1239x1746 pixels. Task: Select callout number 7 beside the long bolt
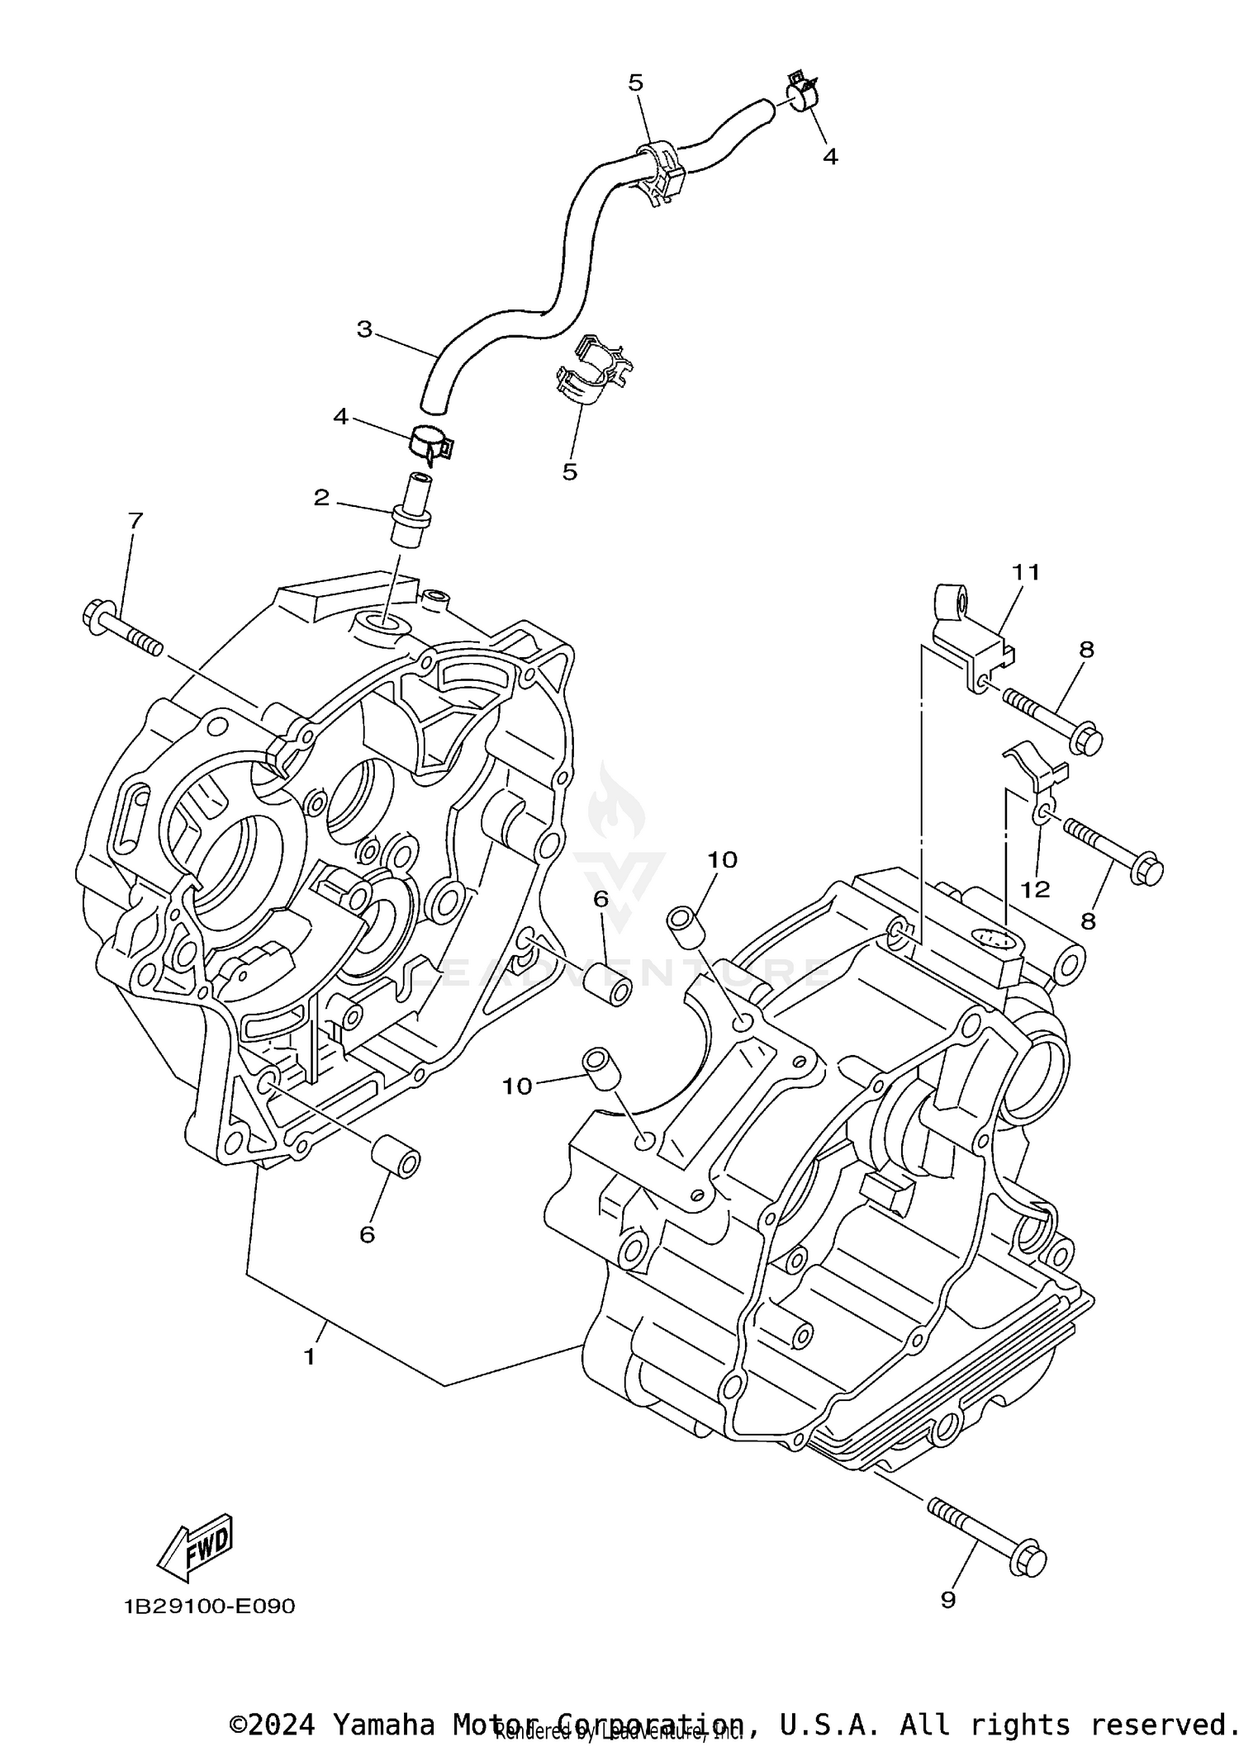135,521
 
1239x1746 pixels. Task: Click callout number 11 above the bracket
1026,571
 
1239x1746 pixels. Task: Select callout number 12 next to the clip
1035,889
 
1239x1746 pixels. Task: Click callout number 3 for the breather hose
364,329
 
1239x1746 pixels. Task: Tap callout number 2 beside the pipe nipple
321,497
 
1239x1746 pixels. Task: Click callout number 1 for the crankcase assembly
309,1356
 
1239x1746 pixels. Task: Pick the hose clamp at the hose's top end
801,92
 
